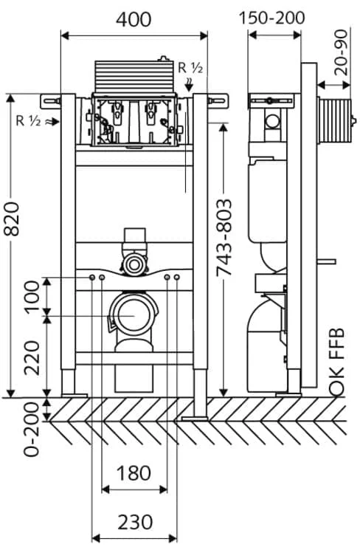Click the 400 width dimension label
(x=134, y=20)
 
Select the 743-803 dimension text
(x=224, y=238)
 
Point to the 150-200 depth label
(x=271, y=18)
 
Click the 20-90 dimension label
(x=341, y=52)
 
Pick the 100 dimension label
(x=32, y=296)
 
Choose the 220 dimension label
(x=32, y=357)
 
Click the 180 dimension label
(x=134, y=473)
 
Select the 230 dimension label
(x=135, y=522)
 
